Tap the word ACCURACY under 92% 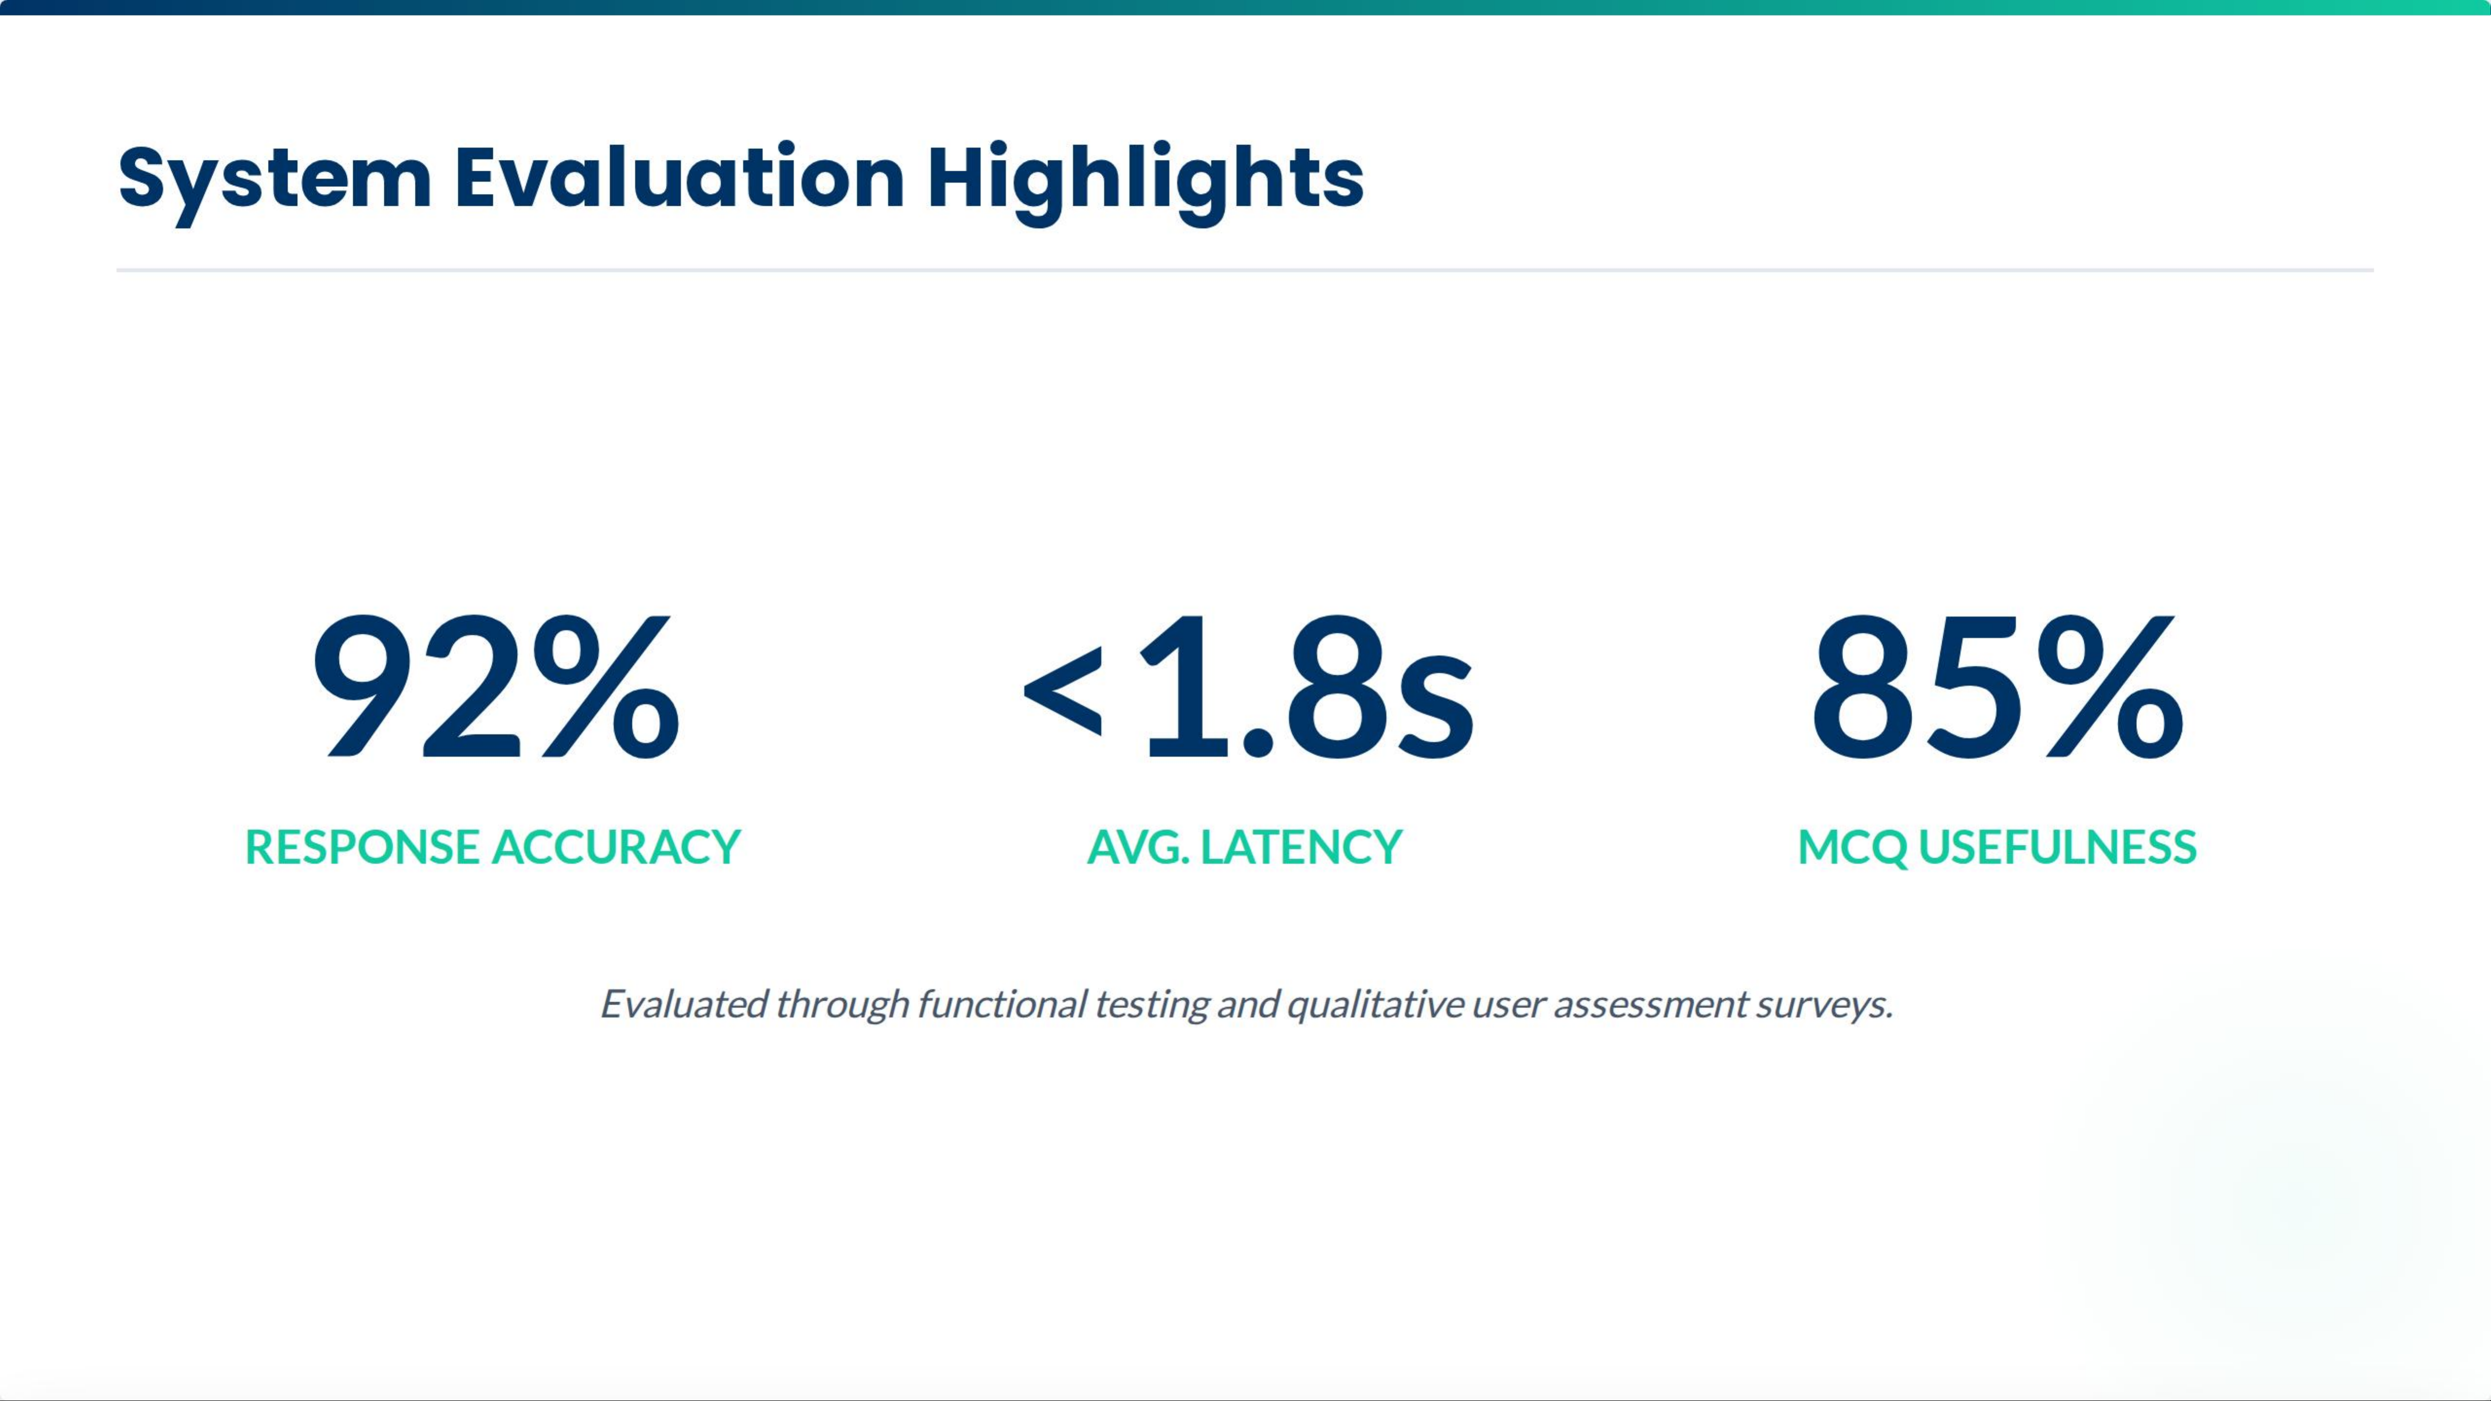(616, 847)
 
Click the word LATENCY (1301, 847)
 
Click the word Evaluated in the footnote (683, 1004)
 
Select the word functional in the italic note (1002, 1004)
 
